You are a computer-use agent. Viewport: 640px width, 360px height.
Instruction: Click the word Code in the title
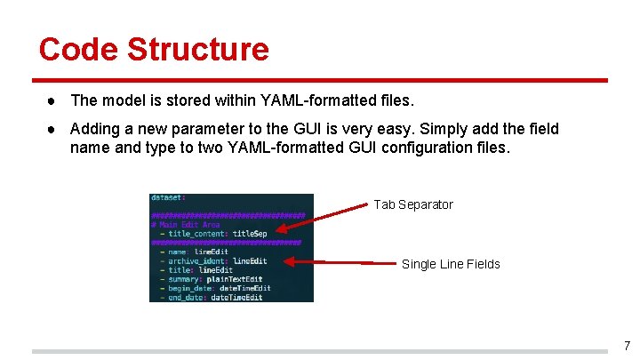[76, 49]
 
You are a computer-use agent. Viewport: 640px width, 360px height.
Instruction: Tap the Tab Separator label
[413, 204]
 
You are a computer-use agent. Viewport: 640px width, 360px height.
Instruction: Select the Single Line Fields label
[451, 264]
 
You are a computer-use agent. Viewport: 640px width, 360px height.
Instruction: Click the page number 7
[627, 346]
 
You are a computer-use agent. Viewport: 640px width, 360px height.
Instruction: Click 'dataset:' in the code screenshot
[168, 197]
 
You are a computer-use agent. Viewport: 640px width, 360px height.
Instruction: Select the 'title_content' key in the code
[197, 234]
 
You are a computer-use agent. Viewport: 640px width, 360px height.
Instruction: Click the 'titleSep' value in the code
[250, 234]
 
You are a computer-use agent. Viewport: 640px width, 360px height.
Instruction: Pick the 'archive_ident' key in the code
[198, 261]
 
